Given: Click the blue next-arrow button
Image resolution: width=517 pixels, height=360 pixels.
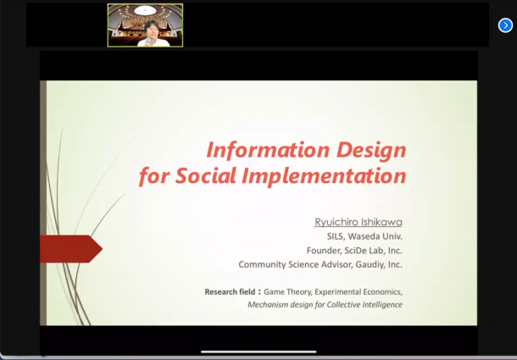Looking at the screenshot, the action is [x=505, y=25].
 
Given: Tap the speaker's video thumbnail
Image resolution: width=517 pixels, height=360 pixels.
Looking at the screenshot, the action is [x=145, y=25].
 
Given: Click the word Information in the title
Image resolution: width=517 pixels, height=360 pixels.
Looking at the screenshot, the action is [x=268, y=150].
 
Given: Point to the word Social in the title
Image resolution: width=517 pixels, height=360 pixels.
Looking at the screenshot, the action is [x=205, y=175].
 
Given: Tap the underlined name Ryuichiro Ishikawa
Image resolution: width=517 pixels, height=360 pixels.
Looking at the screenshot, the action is [x=359, y=222].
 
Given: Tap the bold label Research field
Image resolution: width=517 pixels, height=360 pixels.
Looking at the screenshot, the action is [x=230, y=291].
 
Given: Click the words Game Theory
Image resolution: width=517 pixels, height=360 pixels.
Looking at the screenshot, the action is [x=287, y=292].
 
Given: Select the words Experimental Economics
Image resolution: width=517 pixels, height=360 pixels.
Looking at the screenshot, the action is [x=358, y=292].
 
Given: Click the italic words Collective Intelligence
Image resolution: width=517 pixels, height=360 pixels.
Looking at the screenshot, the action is [x=364, y=305].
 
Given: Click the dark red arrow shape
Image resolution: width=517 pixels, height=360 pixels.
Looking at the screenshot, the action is [x=71, y=249].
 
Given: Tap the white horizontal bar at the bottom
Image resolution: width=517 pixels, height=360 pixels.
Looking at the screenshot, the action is [x=258, y=352].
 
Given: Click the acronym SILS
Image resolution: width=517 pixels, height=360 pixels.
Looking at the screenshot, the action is [x=335, y=236].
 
